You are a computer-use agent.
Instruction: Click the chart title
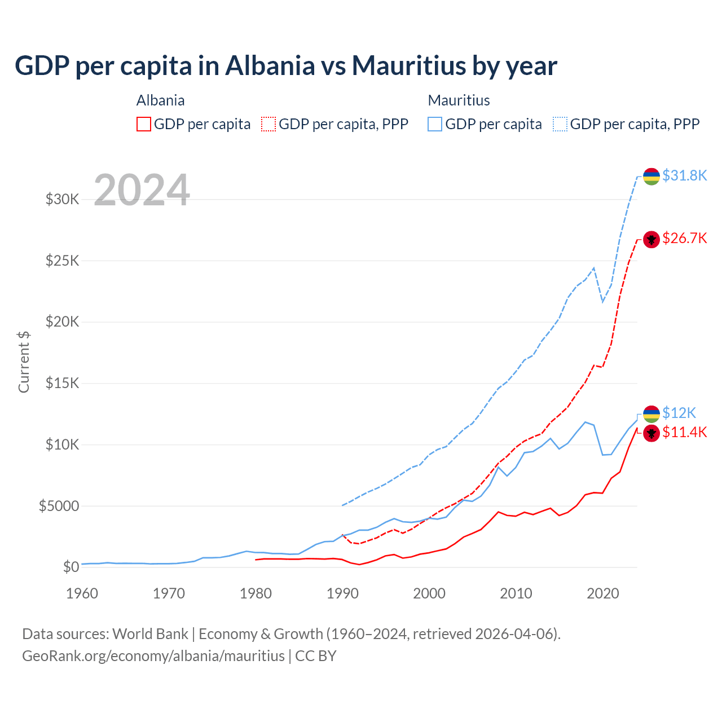286,66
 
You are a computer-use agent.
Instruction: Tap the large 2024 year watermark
142,190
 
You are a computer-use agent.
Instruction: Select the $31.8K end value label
684,175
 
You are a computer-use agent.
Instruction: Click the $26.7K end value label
684,238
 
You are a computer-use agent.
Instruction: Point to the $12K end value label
679,413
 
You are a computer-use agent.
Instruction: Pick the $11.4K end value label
684,432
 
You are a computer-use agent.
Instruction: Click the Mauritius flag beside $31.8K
651,177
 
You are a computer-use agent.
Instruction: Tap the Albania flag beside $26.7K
651,239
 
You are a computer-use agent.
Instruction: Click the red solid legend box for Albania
144,124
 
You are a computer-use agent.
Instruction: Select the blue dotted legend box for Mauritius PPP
560,124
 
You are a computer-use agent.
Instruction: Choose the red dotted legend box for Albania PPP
268,124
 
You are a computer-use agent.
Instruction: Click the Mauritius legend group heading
459,100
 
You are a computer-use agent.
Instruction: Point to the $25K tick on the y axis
62,261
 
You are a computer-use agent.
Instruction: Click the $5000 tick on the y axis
59,506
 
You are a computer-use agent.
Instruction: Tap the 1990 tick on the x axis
342,593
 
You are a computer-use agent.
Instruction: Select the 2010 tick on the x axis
516,593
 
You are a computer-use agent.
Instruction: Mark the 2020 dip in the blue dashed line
602,301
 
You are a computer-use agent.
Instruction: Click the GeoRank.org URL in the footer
153,656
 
